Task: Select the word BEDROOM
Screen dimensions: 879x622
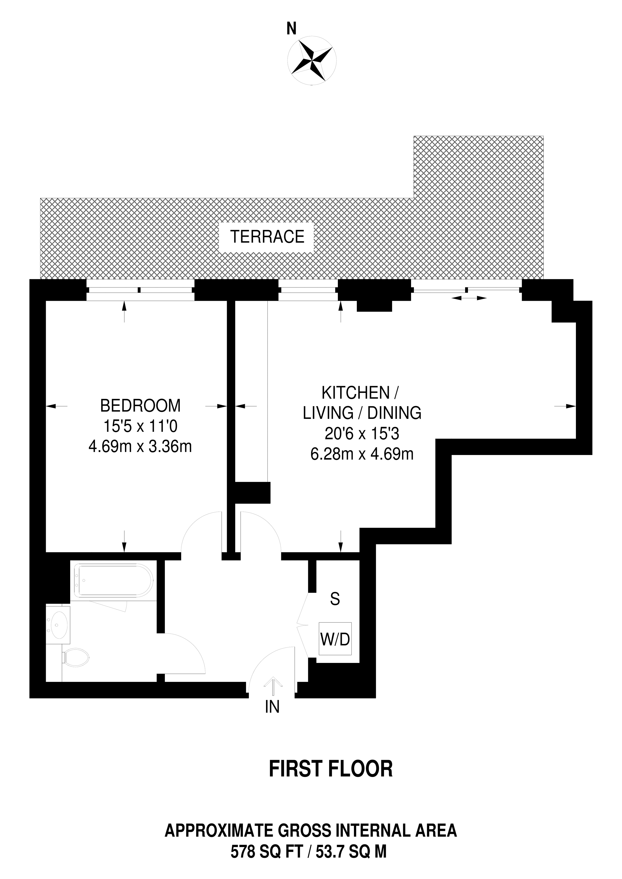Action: (x=140, y=406)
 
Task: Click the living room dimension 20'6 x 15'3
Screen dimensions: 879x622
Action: (x=362, y=434)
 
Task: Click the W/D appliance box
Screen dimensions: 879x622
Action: (x=335, y=639)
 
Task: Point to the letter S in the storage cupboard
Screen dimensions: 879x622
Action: (x=335, y=599)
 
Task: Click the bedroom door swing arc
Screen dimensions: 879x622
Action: (x=199, y=530)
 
